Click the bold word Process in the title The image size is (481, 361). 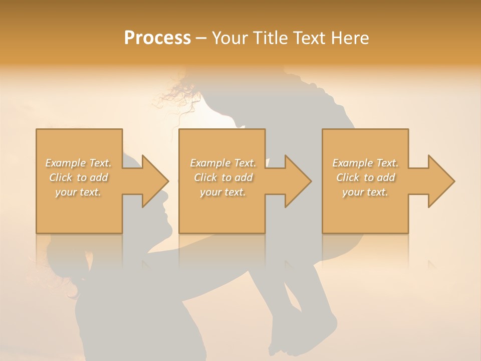[157, 38]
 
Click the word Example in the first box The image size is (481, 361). [65, 163]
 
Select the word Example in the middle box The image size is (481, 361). [209, 163]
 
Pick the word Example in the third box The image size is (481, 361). [352, 163]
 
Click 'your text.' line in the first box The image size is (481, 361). [78, 192]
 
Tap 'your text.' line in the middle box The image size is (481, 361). [222, 192]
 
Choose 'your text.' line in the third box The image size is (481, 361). [365, 192]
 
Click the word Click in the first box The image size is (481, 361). [61, 177]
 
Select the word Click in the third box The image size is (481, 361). [348, 177]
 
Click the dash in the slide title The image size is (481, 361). [201, 39]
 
